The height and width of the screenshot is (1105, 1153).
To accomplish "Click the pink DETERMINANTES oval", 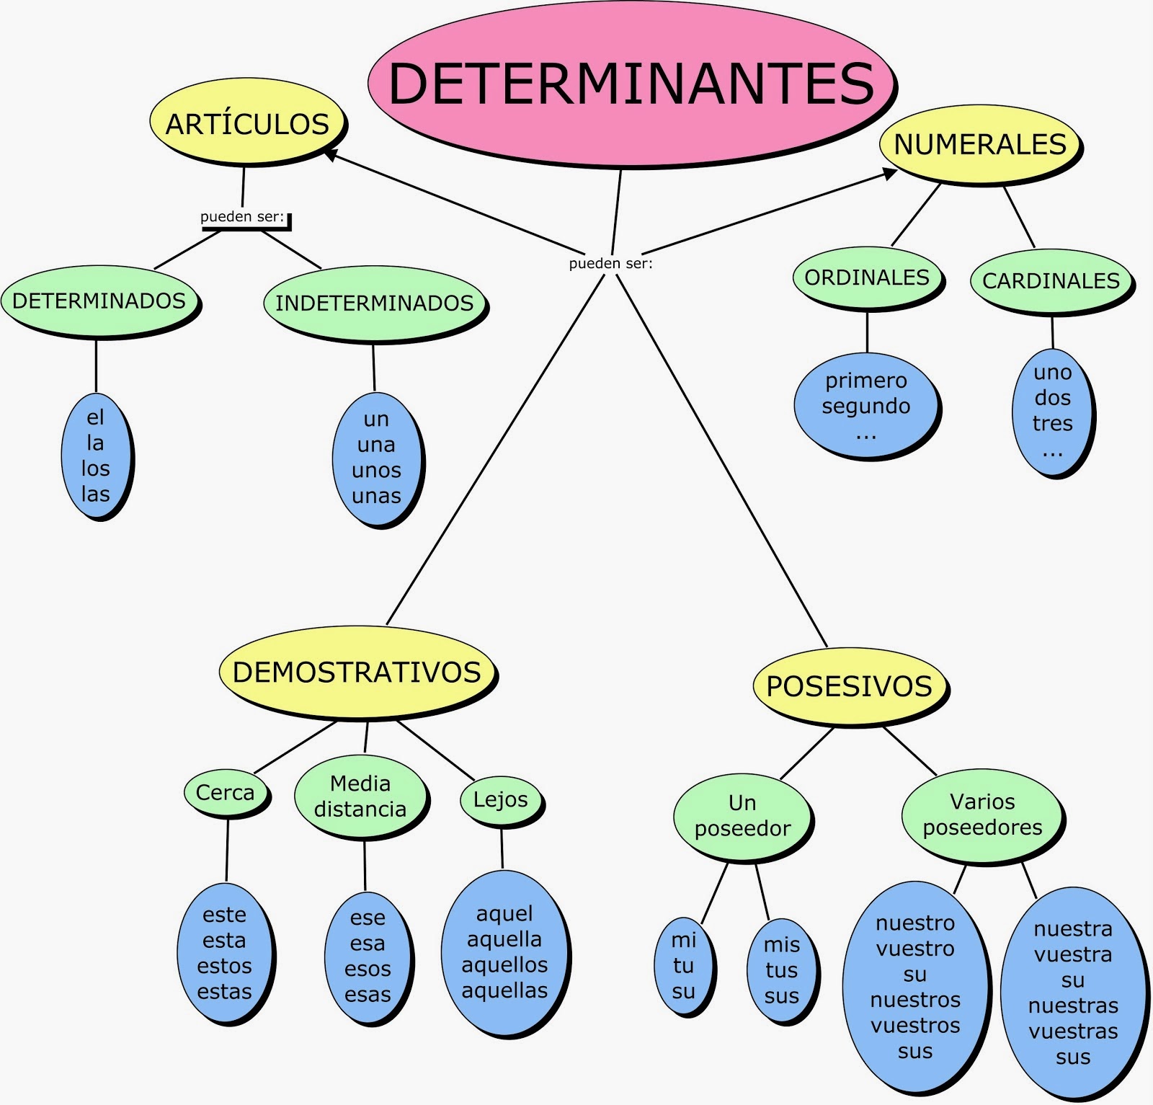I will [631, 84].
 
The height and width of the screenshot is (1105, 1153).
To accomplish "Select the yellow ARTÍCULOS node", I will [247, 123].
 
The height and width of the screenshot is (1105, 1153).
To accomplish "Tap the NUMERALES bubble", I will [979, 144].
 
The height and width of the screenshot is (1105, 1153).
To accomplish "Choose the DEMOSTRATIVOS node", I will [357, 672].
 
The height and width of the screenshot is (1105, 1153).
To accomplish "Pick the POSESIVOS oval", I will [849, 685].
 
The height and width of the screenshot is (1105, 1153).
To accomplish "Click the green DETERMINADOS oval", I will [99, 301].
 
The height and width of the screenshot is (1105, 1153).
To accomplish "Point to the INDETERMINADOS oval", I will [374, 303].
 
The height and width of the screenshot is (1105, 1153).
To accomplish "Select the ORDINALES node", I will [867, 278].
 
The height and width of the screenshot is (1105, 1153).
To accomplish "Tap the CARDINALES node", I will [1051, 280].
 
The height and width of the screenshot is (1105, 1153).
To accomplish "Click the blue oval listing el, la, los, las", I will [96, 456].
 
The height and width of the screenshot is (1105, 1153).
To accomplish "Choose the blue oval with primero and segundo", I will [865, 405].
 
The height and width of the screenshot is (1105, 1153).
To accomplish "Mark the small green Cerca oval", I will [225, 793].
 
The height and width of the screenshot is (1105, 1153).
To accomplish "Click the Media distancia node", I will [360, 796].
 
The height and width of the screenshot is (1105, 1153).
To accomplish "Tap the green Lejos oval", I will [500, 799].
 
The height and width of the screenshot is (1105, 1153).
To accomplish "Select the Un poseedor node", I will [742, 816].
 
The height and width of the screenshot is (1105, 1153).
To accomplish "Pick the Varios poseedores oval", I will [982, 815].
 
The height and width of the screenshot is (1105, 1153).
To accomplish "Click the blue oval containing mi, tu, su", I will [683, 966].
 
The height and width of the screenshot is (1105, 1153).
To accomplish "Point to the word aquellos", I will [504, 964].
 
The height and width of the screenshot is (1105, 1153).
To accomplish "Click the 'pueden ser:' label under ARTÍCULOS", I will [242, 217].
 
